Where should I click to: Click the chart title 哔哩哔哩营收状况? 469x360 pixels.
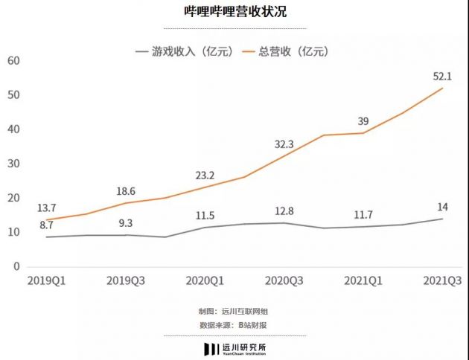point(234,13)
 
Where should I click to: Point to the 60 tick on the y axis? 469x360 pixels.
point(13,60)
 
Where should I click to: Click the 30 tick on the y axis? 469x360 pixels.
point(13,164)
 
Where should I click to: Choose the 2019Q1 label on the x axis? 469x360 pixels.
point(46,280)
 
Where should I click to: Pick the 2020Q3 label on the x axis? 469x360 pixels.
point(284,280)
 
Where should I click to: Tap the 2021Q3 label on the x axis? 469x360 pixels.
point(443,280)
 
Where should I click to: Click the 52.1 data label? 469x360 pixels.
point(444,74)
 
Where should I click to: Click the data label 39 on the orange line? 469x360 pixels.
point(363,120)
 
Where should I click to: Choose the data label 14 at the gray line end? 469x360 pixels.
point(443,206)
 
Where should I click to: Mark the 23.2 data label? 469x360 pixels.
point(204,176)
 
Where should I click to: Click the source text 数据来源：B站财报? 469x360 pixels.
point(234,325)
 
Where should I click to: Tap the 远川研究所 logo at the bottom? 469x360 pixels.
point(234,348)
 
